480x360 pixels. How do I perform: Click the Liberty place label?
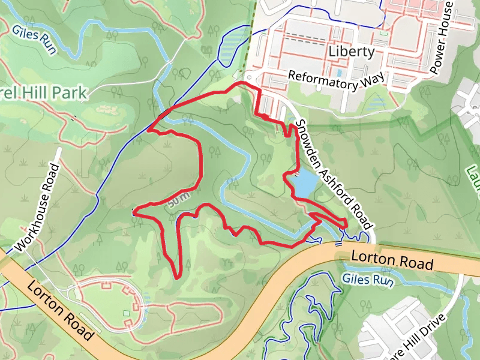coord(352,52)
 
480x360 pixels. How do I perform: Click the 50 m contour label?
coord(178,200)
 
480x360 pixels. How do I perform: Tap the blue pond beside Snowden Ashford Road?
coord(303,184)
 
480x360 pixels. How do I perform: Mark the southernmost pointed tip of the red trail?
coord(178,277)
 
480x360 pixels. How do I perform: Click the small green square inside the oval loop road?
coord(126,313)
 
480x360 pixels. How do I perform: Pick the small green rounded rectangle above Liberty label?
coord(383,32)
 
